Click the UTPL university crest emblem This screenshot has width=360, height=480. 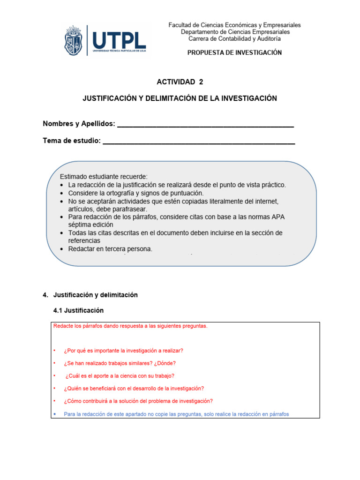coord(75,41)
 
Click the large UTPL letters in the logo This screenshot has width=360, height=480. coord(119,39)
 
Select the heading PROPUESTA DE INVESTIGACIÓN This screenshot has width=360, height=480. coord(234,52)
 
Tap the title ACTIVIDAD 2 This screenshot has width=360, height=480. coord(180,82)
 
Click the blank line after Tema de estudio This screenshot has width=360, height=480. coord(198,141)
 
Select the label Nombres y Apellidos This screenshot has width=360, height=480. coord(79,124)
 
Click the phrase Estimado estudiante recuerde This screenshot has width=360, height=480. coord(104,177)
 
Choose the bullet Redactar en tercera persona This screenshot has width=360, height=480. coord(110,249)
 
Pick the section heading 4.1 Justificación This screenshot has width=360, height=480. coord(79,310)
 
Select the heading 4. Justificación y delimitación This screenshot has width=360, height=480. coord(90,295)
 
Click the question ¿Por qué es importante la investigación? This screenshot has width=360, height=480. coord(123,351)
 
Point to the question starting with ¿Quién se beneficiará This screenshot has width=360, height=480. coord(134,389)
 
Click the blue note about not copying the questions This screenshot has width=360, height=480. coord(176,414)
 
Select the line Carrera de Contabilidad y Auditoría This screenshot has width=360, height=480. coord(234,38)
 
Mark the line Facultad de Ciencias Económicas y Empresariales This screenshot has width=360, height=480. coord(234,25)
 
